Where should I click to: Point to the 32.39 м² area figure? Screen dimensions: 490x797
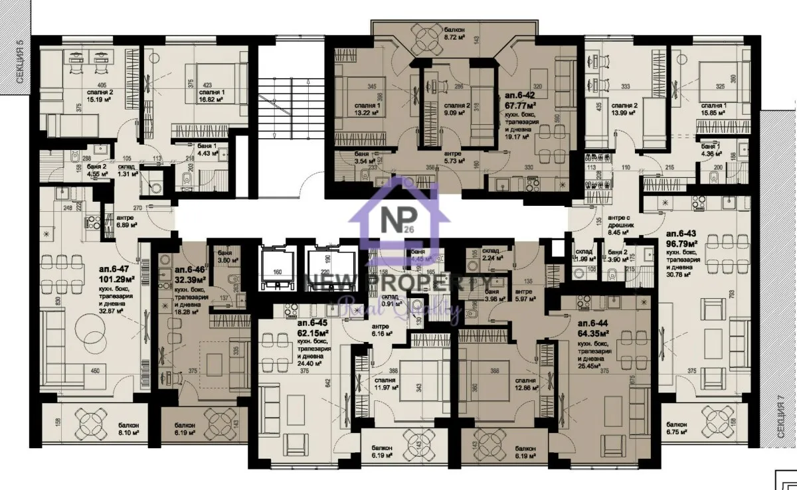coord(189,280)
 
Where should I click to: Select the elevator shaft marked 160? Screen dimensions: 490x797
coord(278,268)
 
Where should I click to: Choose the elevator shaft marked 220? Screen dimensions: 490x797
coord(325,268)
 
